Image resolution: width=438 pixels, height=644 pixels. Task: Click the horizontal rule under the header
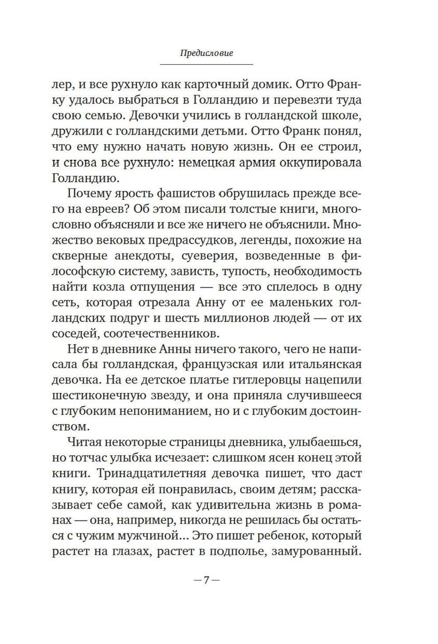(x=206, y=65)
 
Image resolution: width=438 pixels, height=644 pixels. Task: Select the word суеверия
(x=210, y=256)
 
